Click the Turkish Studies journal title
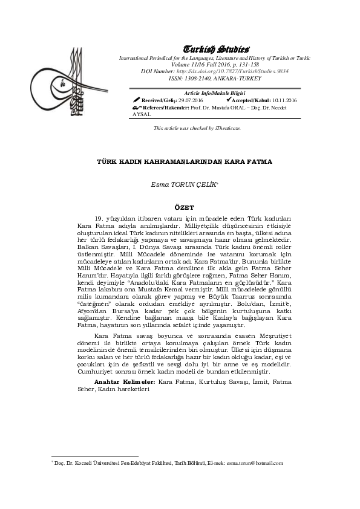pyautogui.click(x=216, y=49)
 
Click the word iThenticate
pyautogui.click(x=228, y=129)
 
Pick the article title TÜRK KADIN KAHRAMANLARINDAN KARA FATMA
pyautogui.click(x=185, y=162)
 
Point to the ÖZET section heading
pyautogui.click(x=180, y=207)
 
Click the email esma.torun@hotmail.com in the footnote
pyautogui.click(x=255, y=462)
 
